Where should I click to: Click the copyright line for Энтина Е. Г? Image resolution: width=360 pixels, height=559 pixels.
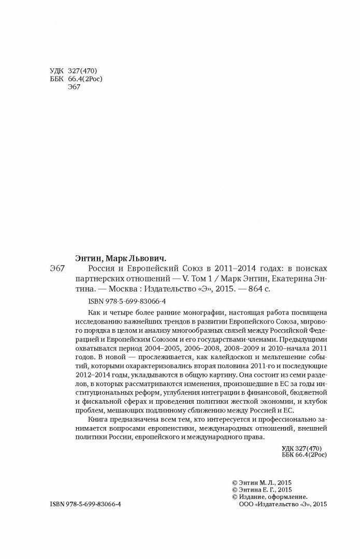(x=263, y=489)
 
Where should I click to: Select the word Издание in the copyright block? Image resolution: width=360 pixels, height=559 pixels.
(x=253, y=498)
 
